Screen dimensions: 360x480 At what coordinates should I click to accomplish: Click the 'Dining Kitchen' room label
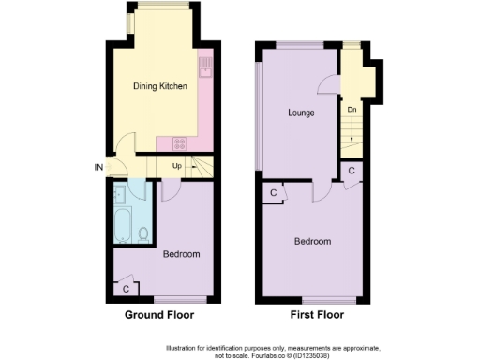[x=160, y=86]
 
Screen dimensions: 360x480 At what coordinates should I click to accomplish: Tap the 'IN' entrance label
[x=98, y=168]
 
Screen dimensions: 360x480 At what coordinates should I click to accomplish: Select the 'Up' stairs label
[x=175, y=167]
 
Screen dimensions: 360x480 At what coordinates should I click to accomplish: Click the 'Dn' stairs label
[x=352, y=110]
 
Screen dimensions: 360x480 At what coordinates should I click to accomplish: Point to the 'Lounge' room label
[x=300, y=112]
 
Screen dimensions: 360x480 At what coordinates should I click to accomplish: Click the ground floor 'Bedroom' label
[x=179, y=254]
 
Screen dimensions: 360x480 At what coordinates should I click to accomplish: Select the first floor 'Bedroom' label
[x=312, y=241]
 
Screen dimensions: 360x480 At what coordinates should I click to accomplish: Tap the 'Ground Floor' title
[x=160, y=316]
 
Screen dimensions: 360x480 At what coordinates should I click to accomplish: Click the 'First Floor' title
[x=312, y=316]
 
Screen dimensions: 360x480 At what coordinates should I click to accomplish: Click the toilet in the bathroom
[x=142, y=233]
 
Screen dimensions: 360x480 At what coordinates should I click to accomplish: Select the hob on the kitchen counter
[x=179, y=143]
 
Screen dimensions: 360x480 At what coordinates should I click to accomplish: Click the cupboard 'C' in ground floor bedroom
[x=126, y=288]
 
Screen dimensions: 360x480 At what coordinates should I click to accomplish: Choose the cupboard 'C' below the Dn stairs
[x=350, y=172]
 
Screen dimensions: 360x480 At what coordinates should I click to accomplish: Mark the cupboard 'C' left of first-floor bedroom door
[x=273, y=192]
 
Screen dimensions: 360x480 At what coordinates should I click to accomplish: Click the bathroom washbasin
[x=118, y=194]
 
